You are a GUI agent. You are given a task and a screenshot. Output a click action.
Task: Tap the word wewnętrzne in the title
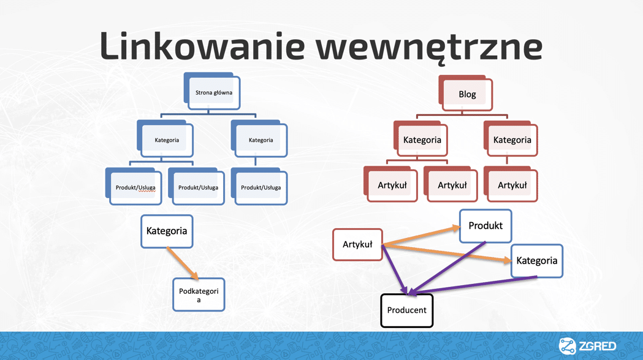[432, 46]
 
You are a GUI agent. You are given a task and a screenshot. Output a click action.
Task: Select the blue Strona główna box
[213, 93]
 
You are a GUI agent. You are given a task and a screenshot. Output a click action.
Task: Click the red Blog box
[467, 94]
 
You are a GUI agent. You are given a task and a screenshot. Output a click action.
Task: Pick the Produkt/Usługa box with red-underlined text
[135, 187]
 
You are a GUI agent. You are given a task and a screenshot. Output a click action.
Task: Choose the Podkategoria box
[199, 295]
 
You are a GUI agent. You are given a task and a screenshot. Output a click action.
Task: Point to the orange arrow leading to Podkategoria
[183, 264]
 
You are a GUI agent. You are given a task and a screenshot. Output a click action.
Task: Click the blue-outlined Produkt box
[485, 226]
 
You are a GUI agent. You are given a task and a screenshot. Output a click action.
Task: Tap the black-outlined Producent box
[406, 310]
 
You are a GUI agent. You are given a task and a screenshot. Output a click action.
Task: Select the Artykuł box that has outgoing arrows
[357, 244]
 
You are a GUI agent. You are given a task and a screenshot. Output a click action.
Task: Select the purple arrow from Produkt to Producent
[447, 267]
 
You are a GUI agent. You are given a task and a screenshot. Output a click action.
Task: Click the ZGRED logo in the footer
[587, 346]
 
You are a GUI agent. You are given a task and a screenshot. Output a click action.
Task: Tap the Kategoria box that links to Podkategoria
[167, 231]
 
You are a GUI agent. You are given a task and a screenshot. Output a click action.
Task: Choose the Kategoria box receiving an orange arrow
[536, 261]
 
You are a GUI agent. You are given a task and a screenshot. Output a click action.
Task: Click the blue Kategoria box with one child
[261, 140]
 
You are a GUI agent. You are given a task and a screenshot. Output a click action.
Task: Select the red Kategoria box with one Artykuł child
[512, 140]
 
